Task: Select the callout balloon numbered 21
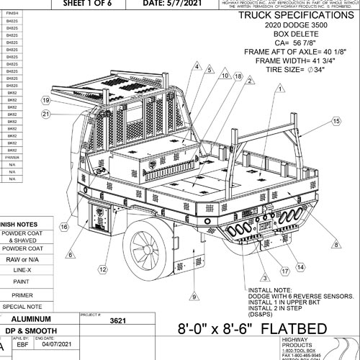46,114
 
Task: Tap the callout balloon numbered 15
336,123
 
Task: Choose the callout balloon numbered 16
63,228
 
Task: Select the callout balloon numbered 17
285,271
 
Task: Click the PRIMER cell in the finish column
12,156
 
